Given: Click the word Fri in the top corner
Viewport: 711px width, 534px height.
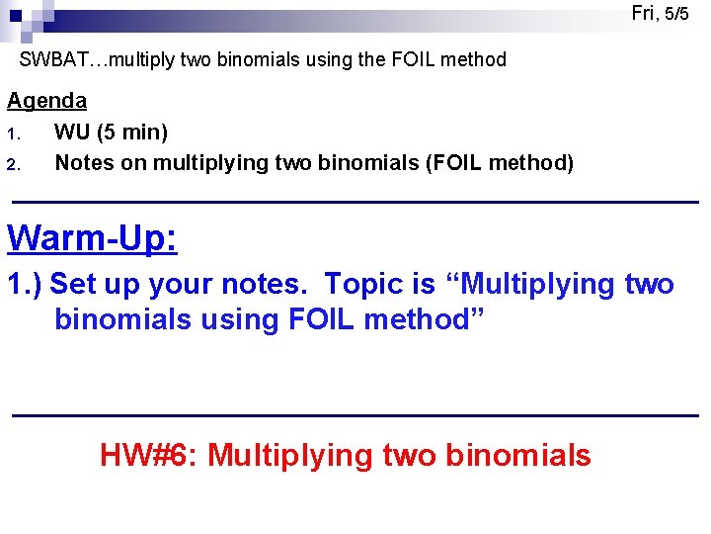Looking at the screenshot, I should click(644, 13).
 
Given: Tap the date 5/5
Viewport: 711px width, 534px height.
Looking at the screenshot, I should click(676, 14).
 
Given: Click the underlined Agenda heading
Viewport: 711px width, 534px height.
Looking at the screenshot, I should click(46, 101).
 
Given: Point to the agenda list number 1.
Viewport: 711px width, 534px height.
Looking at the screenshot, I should click(13, 133).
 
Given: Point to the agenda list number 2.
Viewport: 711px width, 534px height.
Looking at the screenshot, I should click(14, 164).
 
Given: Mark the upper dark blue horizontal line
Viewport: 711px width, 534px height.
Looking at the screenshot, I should click(355, 202).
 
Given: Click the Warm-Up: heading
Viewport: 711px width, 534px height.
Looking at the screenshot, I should click(92, 238).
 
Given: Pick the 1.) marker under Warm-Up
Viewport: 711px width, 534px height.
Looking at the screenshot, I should click(25, 285).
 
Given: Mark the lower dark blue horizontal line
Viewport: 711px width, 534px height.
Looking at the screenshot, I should click(355, 415).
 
